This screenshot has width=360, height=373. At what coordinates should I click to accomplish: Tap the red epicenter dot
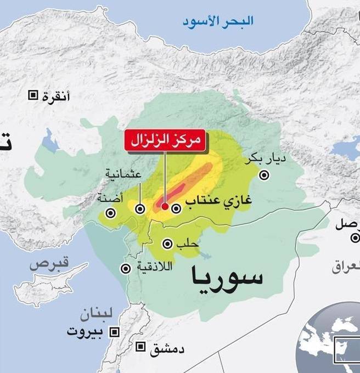[165, 206]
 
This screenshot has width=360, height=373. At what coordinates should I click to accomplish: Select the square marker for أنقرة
[33, 95]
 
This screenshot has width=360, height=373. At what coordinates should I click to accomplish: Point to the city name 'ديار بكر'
[268, 160]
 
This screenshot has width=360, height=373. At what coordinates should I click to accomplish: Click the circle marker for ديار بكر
[265, 175]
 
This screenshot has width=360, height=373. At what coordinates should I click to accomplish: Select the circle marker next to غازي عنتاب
[176, 208]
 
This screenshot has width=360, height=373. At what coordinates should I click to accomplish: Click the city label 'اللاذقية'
[155, 268]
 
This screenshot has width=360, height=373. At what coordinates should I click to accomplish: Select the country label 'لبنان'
[97, 314]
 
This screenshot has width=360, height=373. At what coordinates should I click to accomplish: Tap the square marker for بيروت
[115, 332]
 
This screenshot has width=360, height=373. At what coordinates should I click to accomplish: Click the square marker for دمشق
[141, 347]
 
